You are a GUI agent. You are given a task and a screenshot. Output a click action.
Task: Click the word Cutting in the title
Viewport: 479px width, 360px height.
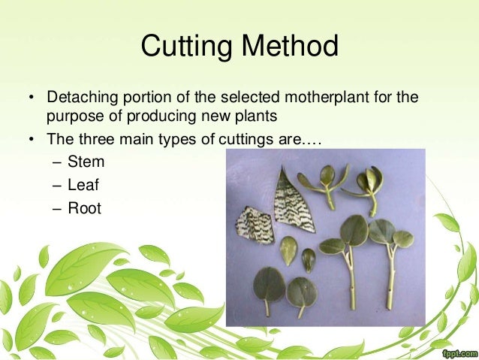point(185,48)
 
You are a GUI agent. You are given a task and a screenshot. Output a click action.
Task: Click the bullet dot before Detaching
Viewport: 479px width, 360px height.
point(32,99)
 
